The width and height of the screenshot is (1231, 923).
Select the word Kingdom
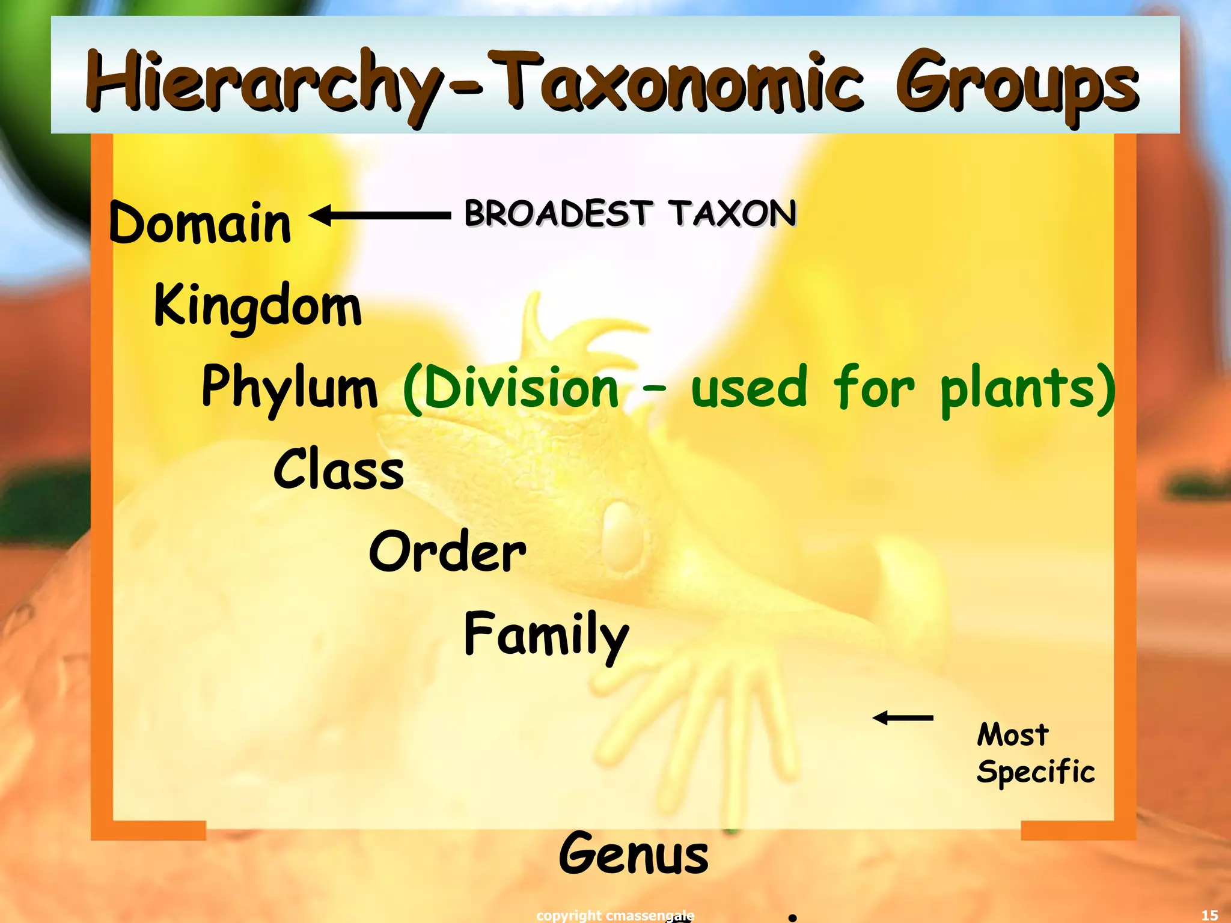point(258,306)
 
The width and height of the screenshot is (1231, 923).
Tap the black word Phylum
point(289,388)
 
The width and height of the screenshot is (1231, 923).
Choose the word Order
point(447,552)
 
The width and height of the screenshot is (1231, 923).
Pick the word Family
point(546,635)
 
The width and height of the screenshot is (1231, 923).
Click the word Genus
point(634,854)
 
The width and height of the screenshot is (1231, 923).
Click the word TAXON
point(734,213)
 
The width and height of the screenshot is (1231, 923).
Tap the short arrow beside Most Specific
point(903,717)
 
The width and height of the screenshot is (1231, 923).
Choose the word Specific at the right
point(1035,772)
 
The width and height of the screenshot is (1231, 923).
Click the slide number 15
point(1209,915)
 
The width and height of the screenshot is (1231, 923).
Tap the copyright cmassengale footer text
point(615,915)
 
